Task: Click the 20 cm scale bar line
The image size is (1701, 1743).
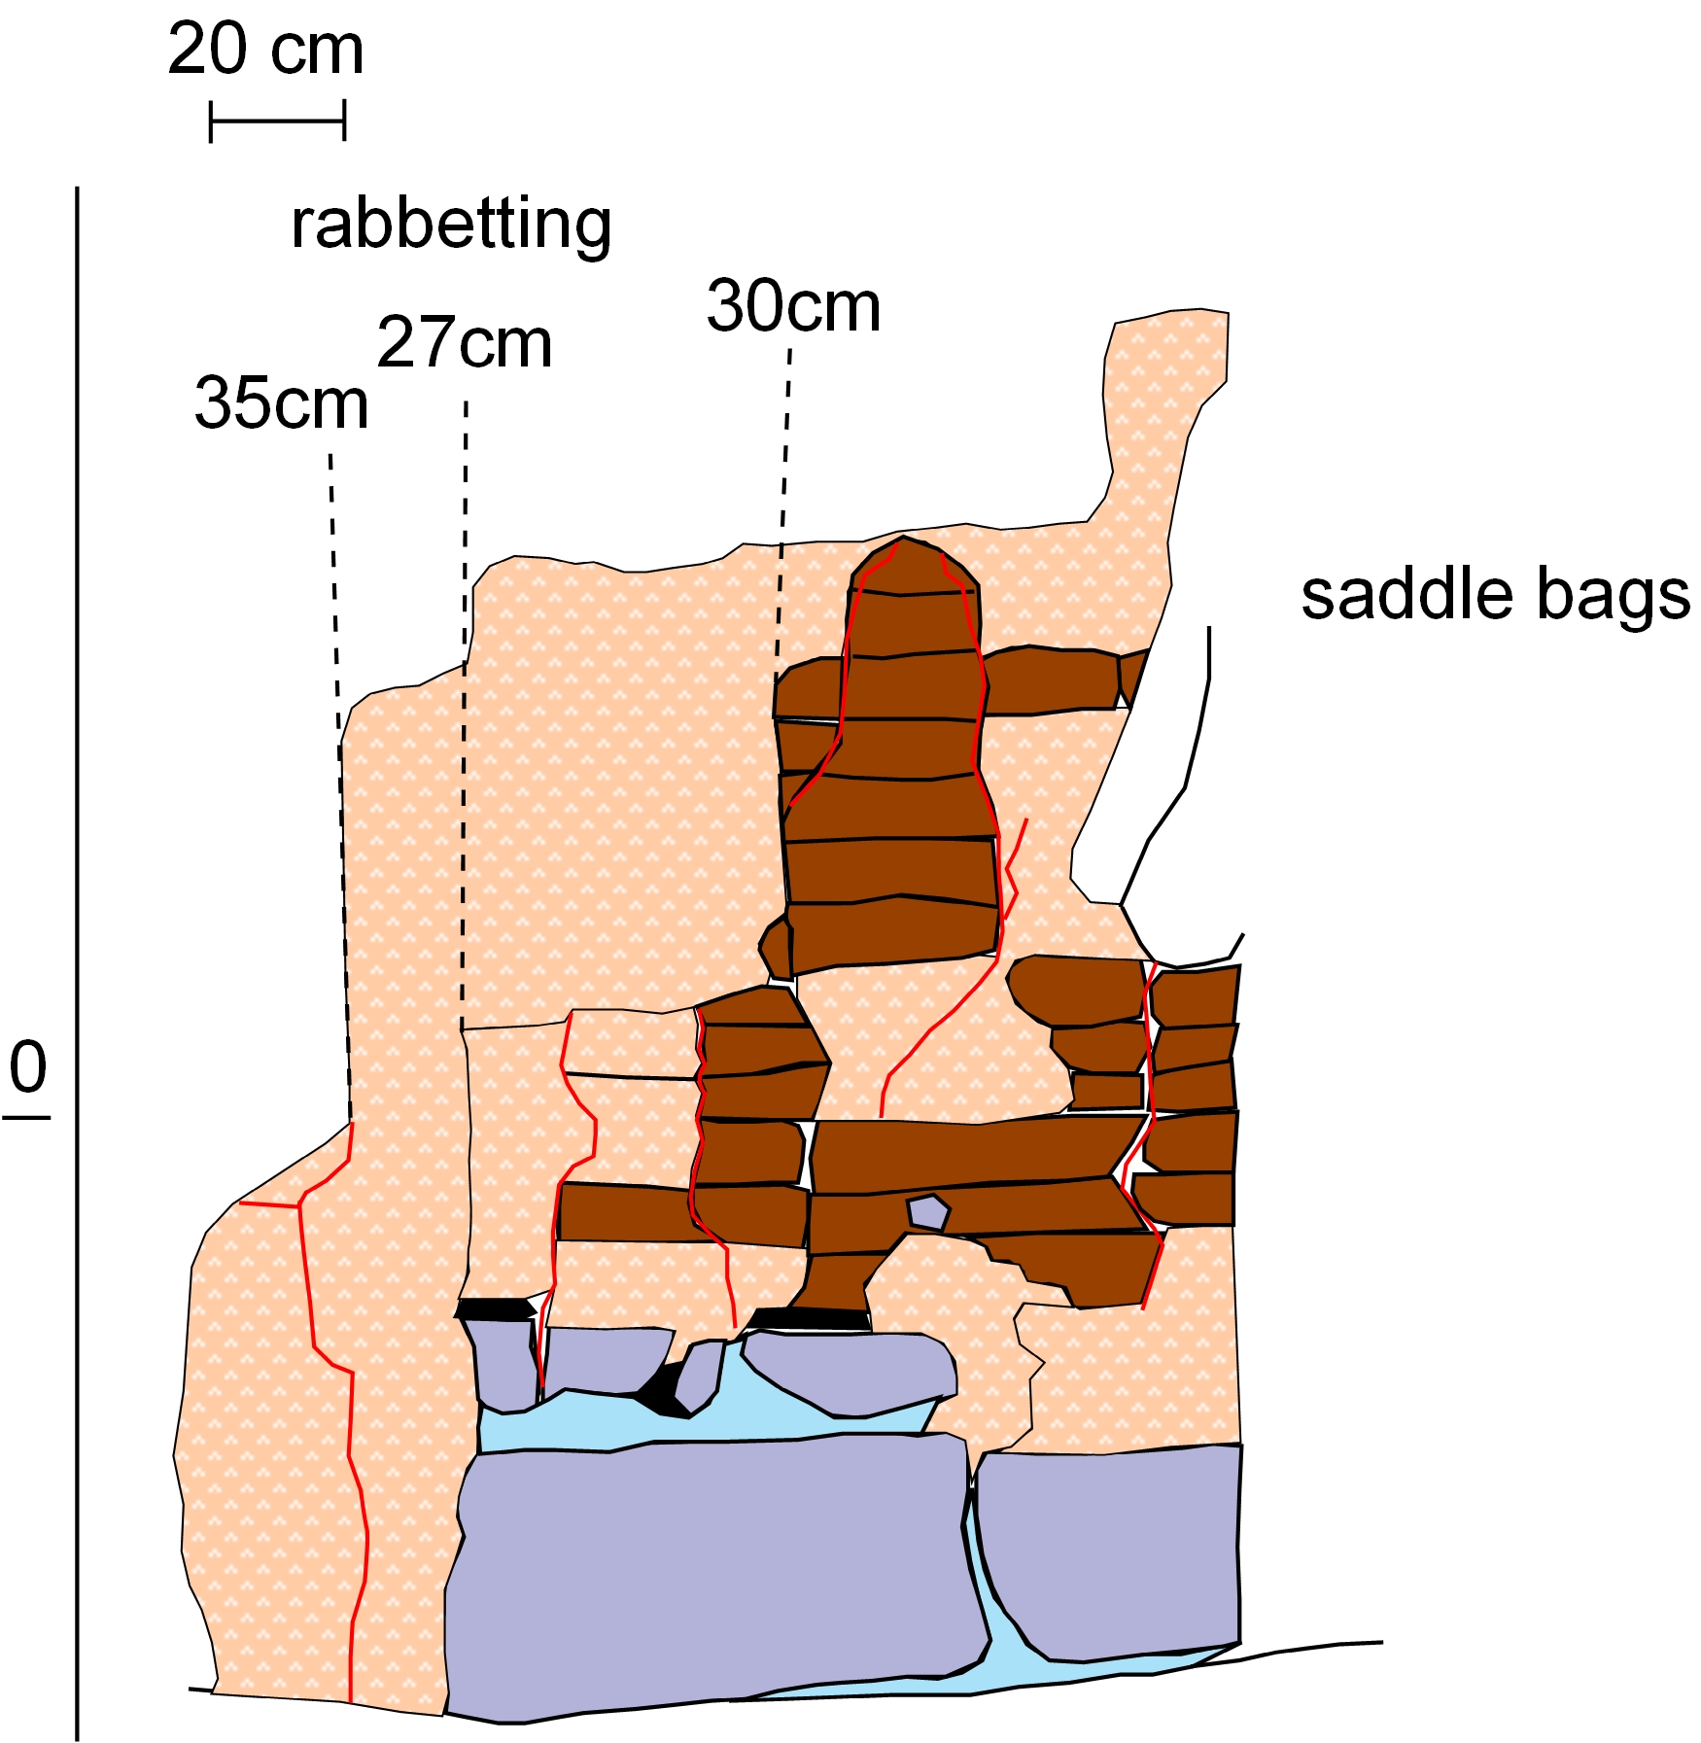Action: [x=277, y=122]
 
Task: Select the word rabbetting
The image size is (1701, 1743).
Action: [x=451, y=225]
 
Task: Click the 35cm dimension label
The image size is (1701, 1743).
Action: [x=282, y=403]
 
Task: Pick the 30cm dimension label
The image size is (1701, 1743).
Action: [x=793, y=307]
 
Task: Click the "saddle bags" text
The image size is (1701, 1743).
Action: [x=1495, y=595]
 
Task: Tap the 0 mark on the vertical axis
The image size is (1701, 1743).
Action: [x=28, y=1068]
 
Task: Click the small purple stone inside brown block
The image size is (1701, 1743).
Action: [x=927, y=1212]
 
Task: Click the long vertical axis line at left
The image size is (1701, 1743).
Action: [x=77, y=875]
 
